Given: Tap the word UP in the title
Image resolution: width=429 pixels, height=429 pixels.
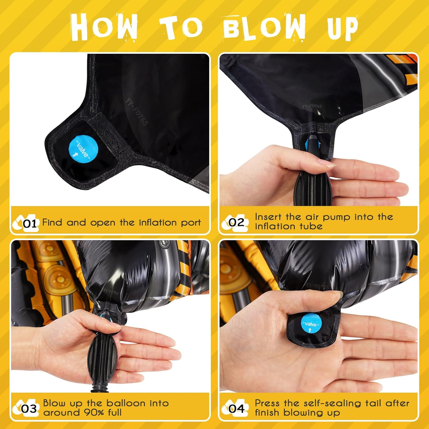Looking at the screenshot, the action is coord(343,28).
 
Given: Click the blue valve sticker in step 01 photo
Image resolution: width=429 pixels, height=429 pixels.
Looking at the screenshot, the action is coord(84,150).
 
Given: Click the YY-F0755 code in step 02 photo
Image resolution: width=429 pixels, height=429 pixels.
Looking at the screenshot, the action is coord(312,106).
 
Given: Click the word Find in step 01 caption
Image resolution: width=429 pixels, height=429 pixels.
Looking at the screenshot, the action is coord(52,222).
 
